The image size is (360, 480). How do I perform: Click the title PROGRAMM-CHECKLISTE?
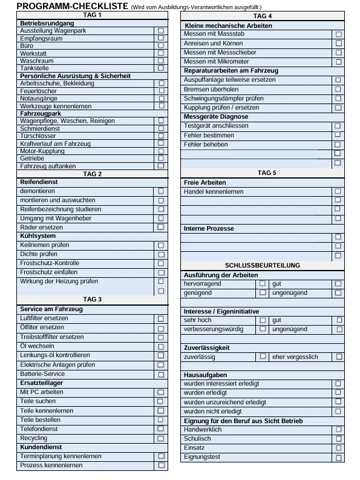pyautogui.click(x=64, y=6)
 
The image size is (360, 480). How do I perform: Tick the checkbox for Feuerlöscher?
pyautogui.click(x=161, y=91)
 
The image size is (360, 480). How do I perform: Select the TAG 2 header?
pyautogui.click(x=91, y=174)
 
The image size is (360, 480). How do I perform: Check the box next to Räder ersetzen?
pyautogui.click(x=161, y=227)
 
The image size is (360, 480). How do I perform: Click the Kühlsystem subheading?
pyautogui.click(x=38, y=235)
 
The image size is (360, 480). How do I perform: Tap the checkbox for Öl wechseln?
pyautogui.click(x=161, y=346)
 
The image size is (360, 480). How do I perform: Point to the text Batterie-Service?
pyautogui.click(x=43, y=374)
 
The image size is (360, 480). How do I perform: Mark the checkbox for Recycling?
pyautogui.click(x=161, y=438)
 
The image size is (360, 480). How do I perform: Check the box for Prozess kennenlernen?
pyautogui.click(x=161, y=465)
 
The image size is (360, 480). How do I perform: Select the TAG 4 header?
pyautogui.click(x=262, y=16)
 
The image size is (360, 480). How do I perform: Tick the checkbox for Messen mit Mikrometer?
pyautogui.click(x=338, y=62)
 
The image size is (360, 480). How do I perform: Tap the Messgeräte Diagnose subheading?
pyautogui.click(x=215, y=116)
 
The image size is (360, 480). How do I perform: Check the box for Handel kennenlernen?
pyautogui.click(x=338, y=191)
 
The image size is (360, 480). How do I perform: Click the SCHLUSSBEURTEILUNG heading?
pyautogui.click(x=262, y=265)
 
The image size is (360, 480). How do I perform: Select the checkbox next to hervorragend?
pyautogui.click(x=263, y=283)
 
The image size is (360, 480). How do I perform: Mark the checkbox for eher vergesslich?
pyautogui.click(x=339, y=357)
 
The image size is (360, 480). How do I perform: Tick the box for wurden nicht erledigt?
pyautogui.click(x=338, y=411)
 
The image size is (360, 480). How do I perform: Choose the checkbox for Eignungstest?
pyautogui.click(x=338, y=458)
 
